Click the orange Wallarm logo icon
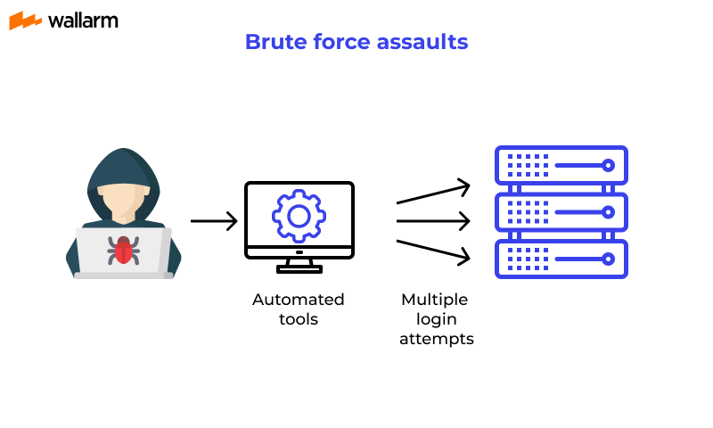pos(25,21)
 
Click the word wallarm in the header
pos(83,20)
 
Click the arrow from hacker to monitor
pos(214,220)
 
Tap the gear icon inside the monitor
pos(299,215)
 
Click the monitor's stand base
pos(299,268)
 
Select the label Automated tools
pos(299,309)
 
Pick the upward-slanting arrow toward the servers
pos(433,193)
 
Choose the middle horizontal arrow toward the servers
pos(433,219)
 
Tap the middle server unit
pos(561,212)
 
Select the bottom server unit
pos(561,259)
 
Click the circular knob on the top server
pos(609,166)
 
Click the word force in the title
pos(340,42)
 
